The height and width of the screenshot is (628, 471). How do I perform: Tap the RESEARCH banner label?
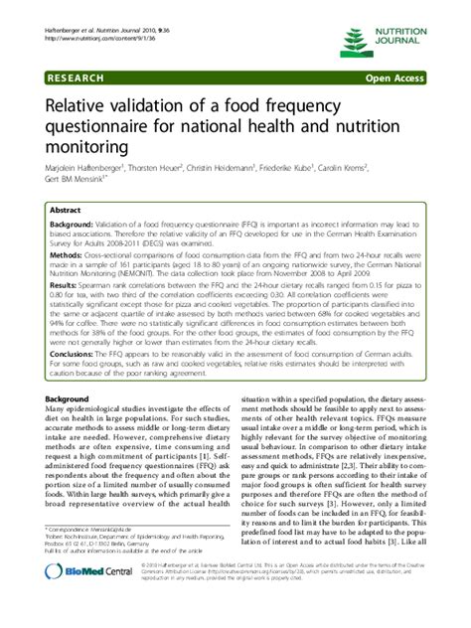click(76, 77)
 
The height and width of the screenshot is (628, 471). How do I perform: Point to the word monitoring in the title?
click(88, 147)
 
